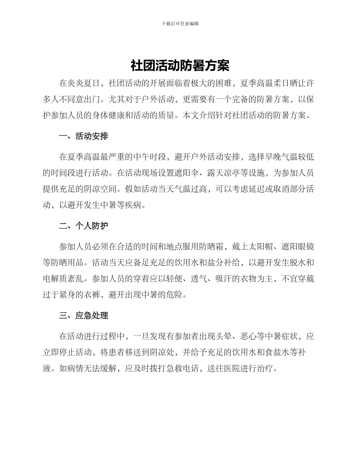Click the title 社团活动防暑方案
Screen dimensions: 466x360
(180, 66)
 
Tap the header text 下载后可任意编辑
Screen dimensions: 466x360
(180, 23)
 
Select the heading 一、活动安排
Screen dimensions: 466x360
(83, 136)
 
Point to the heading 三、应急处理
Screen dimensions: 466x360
(83, 316)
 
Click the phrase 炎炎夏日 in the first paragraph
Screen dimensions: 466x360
(84, 83)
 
